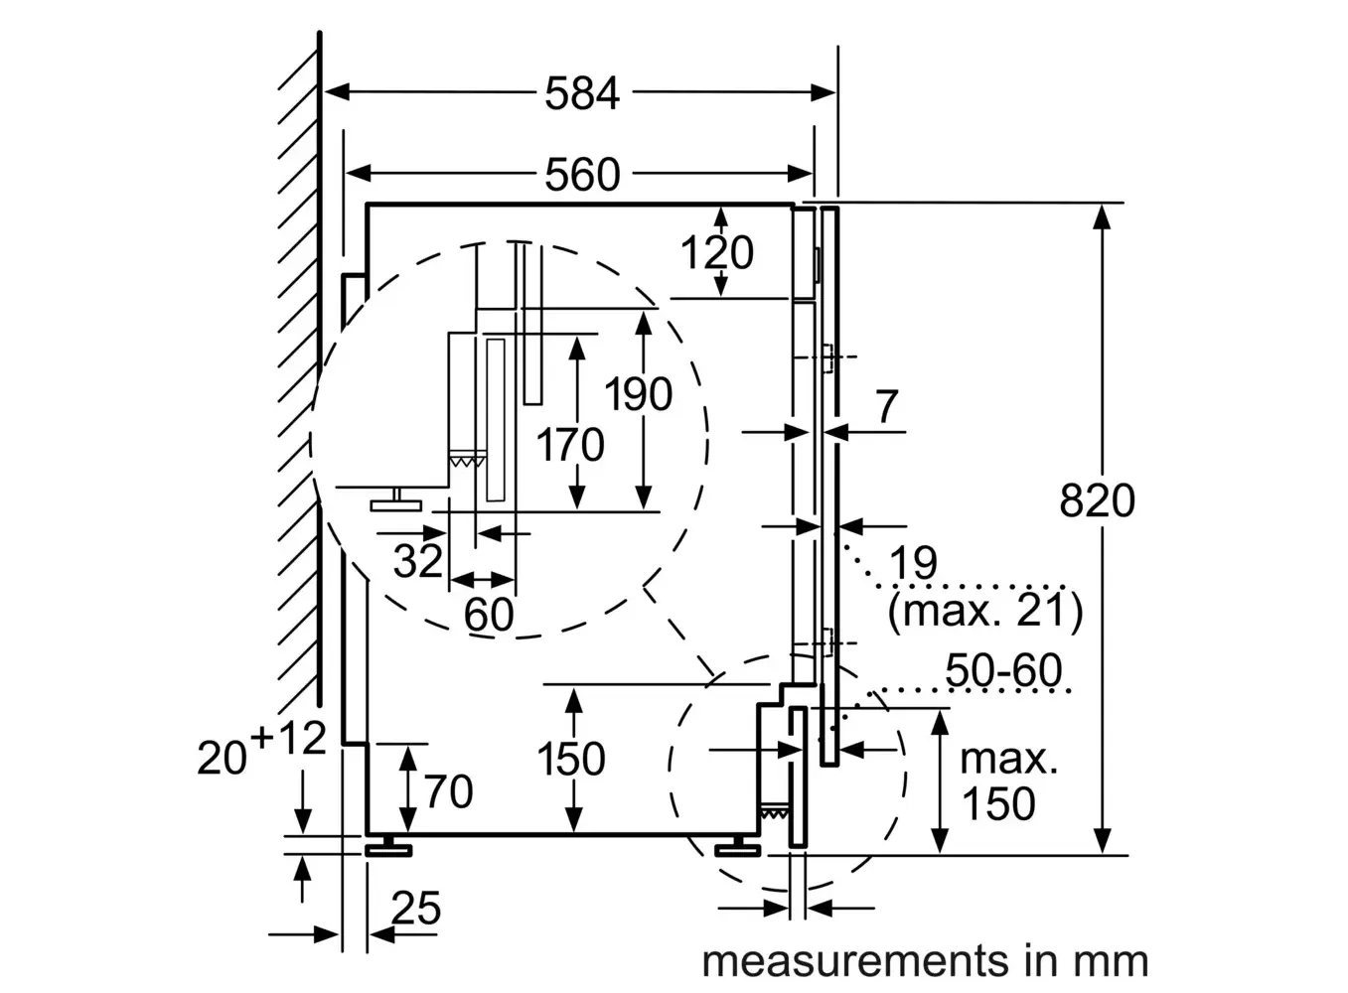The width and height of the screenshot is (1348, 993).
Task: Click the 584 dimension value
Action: pos(582,93)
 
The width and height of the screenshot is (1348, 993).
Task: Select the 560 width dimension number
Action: pos(582,175)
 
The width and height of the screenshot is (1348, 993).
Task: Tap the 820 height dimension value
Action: pos(1097,499)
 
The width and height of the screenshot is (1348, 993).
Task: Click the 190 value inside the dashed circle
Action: pos(639,394)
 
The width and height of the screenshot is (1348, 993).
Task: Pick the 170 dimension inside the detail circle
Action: pos(570,444)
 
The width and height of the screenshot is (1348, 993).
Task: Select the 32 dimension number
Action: pos(417,561)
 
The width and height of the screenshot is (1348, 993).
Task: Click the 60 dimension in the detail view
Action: pos(489,615)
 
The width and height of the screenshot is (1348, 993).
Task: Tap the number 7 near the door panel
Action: pos(886,406)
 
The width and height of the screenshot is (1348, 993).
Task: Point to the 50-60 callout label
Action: pos(1003,670)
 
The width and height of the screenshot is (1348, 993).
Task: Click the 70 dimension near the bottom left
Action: pos(448,791)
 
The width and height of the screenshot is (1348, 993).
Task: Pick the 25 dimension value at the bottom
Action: pos(415,908)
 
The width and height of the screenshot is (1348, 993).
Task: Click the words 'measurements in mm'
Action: pos(925,961)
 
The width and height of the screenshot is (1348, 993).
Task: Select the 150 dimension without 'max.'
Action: pos(571,760)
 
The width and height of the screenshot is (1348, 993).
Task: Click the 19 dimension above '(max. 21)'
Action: pos(913,563)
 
